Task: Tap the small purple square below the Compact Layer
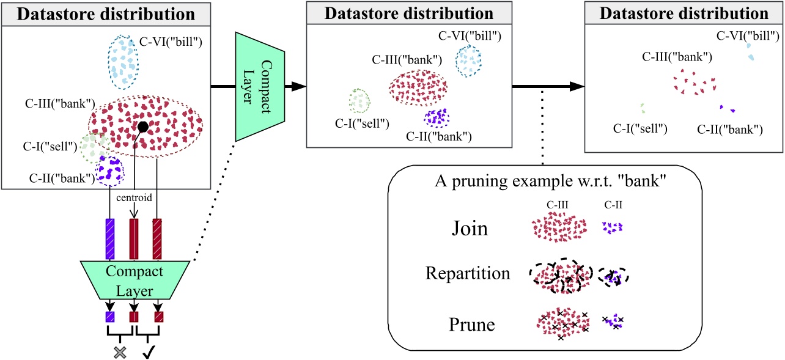click(x=111, y=317)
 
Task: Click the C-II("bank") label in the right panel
click(x=729, y=129)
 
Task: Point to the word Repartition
click(x=468, y=273)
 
